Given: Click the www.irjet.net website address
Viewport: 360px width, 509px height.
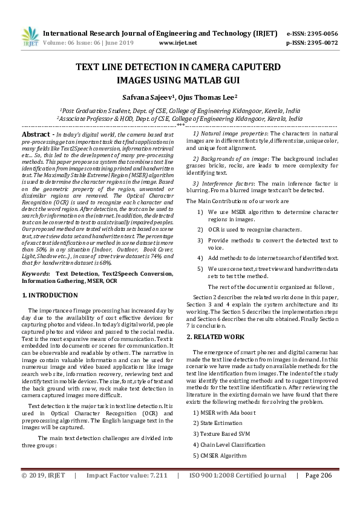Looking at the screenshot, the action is (178, 43).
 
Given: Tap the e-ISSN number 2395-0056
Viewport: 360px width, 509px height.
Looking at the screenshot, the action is (321, 33).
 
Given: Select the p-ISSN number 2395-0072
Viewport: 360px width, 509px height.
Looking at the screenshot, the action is (321, 43).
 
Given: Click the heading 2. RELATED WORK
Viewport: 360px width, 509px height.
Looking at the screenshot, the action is (215, 336).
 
